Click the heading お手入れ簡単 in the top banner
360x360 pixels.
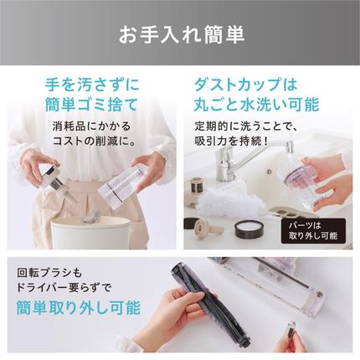tap(180, 37)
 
